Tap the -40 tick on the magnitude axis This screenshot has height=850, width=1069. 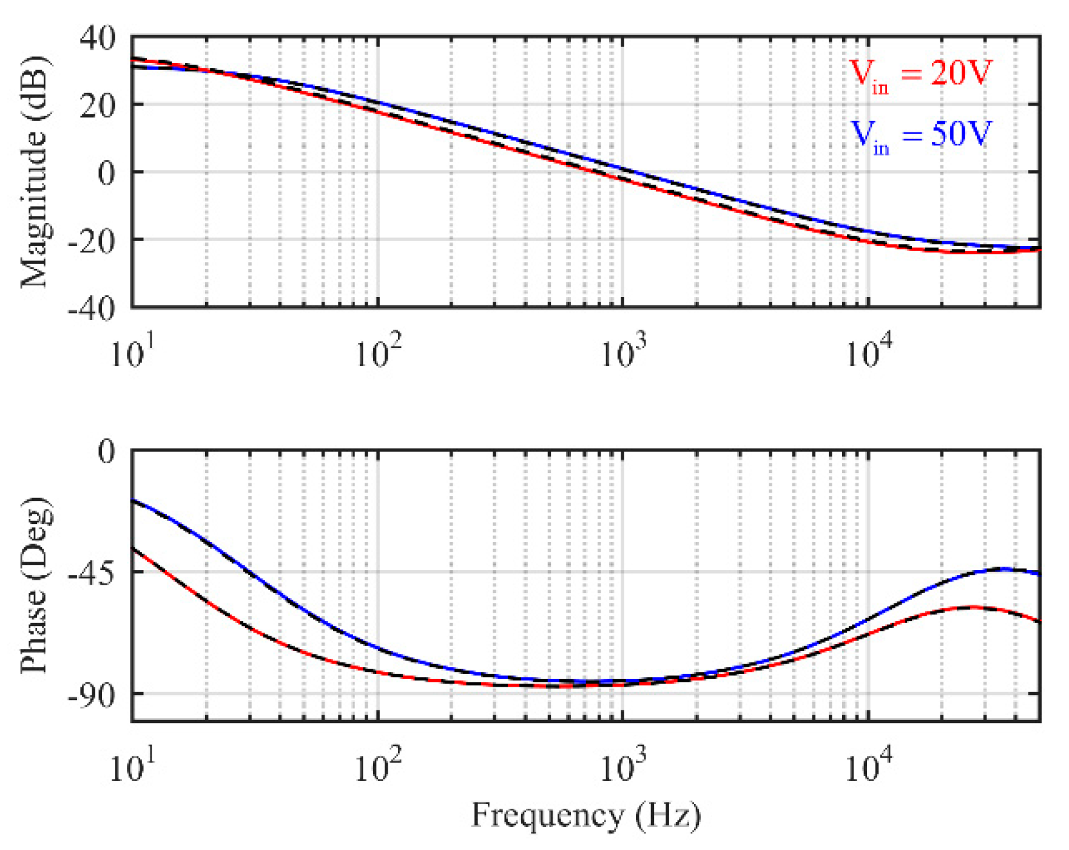click(91, 309)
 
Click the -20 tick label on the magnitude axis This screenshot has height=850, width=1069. click(91, 242)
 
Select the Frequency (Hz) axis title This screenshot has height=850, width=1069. click(586, 815)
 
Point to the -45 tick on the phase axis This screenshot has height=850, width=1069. click(91, 573)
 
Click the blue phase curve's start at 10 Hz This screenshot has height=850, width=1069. click(133, 500)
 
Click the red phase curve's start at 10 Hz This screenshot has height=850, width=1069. click(133, 549)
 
